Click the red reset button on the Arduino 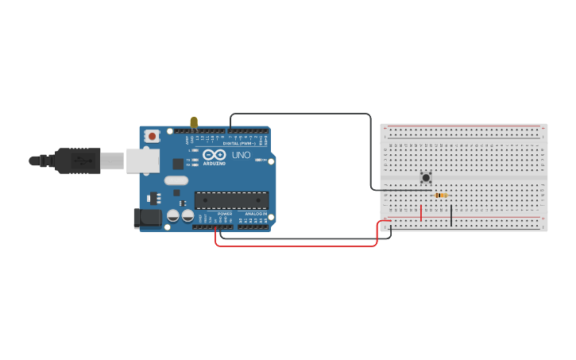pos(152,136)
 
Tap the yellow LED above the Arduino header pos(194,122)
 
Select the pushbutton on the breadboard pos(426,177)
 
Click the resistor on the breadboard pos(441,195)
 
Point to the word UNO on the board pos(241,155)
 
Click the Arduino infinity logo pos(214,154)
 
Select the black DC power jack pos(147,217)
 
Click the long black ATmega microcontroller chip pos(231,200)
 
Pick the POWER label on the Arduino pos(225,214)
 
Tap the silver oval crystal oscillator pos(176,180)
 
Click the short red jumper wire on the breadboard pos(421,212)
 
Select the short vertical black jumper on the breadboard pos(451,215)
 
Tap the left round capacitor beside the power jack pos(172,215)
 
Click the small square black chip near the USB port pos(178,164)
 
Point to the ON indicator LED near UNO pos(259,160)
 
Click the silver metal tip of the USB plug pos(112,161)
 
